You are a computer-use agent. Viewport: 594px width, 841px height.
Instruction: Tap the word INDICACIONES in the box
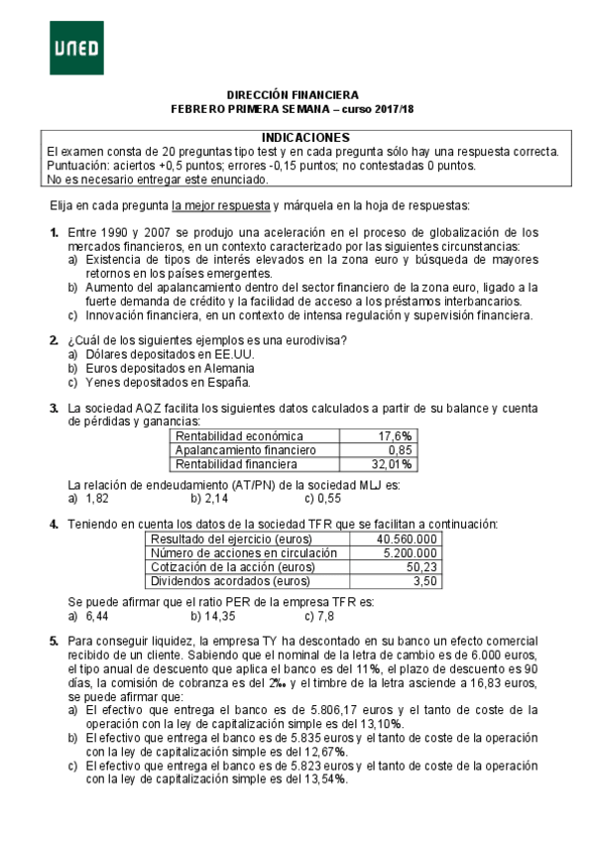click(x=305, y=137)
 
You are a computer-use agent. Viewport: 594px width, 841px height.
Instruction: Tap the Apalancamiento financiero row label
click(x=245, y=449)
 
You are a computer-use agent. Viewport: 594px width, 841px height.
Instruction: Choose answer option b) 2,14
click(x=210, y=498)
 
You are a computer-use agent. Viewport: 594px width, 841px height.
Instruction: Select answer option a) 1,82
click(x=88, y=498)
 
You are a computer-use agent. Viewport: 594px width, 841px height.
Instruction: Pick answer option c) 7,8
click(x=319, y=615)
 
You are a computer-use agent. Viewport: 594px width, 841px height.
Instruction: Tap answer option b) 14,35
click(x=213, y=615)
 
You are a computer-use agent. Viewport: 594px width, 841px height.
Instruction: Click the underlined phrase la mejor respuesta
click(x=221, y=205)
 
